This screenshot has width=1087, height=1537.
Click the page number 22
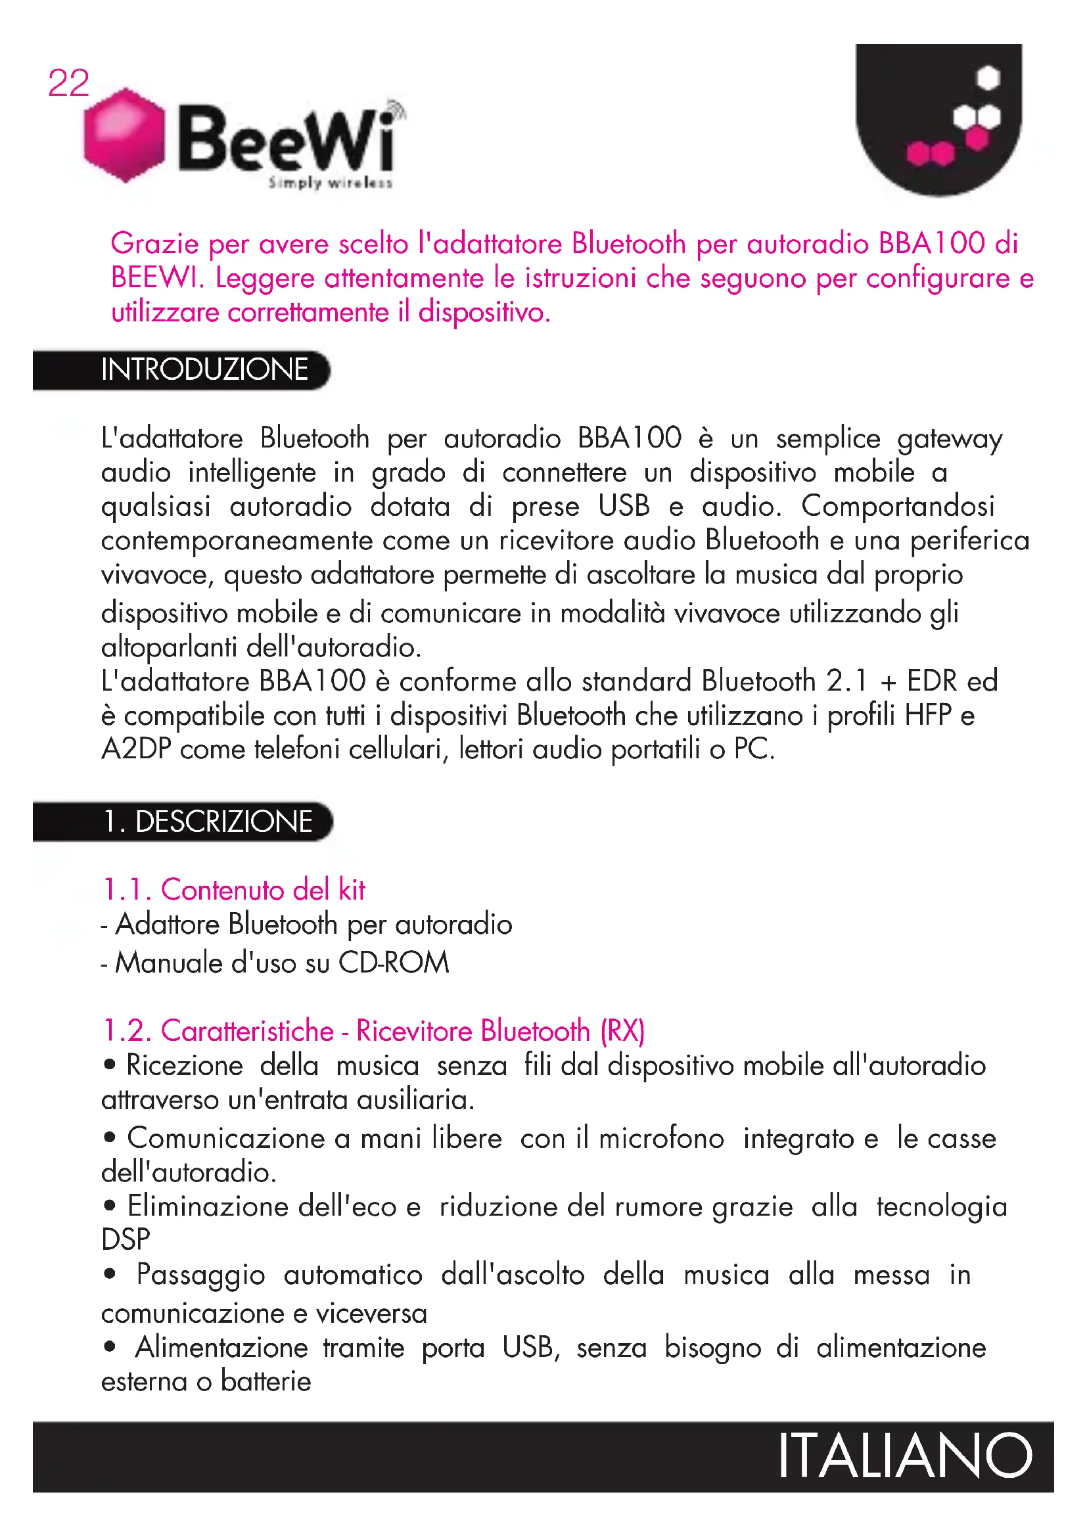(x=68, y=83)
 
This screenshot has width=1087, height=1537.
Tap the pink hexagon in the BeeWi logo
(x=124, y=135)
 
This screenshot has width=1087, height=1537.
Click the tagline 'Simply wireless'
(x=330, y=183)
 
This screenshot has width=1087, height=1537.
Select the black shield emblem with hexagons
(x=938, y=117)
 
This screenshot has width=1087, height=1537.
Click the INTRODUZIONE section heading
(x=204, y=369)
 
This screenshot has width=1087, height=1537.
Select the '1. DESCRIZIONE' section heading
(x=208, y=821)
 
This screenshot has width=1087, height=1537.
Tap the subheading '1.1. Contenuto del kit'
(x=233, y=890)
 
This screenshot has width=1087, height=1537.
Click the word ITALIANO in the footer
(x=904, y=1457)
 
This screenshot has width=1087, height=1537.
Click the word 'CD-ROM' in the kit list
(x=394, y=963)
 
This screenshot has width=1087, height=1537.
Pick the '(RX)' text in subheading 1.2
(x=622, y=1031)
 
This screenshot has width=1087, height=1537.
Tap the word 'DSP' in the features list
(x=126, y=1240)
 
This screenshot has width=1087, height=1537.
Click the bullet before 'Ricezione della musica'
(x=110, y=1065)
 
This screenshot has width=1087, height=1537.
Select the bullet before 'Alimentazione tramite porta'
(x=110, y=1346)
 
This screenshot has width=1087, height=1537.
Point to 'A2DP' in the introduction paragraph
(x=137, y=749)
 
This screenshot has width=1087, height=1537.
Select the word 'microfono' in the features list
(x=661, y=1139)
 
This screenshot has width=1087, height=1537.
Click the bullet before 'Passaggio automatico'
(x=110, y=1273)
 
